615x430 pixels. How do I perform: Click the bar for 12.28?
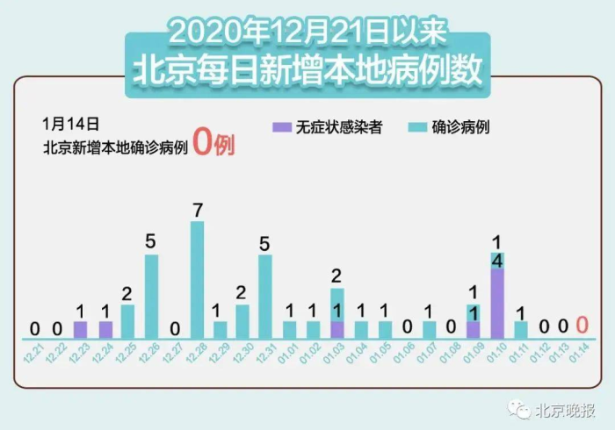click(198, 279)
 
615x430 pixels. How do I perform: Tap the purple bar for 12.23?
click(81, 330)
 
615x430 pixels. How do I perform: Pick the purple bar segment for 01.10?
click(497, 304)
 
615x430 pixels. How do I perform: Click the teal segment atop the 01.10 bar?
click(497, 261)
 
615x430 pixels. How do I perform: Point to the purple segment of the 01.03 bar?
click(337, 330)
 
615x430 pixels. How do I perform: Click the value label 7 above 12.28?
click(198, 211)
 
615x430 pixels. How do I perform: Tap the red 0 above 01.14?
click(582, 326)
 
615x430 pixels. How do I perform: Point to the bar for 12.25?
click(127, 321)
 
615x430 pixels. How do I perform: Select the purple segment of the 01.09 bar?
click(474, 330)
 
